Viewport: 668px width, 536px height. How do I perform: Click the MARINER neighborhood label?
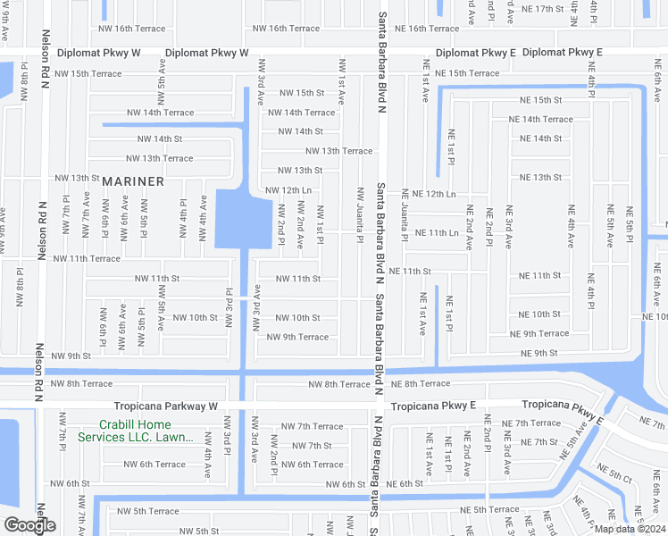[x=132, y=181]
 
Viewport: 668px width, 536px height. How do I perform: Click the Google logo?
[x=29, y=525]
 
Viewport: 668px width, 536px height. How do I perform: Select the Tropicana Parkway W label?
[x=160, y=406]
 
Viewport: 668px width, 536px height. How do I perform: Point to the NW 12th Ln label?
[x=288, y=190]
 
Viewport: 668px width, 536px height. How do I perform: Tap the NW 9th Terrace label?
[x=297, y=337]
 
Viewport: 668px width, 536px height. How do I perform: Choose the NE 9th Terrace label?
[x=539, y=334]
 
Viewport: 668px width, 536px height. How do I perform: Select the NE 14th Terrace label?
[x=540, y=119]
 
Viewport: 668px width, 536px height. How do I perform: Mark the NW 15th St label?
[x=302, y=93]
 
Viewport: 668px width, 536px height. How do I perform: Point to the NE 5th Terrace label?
[x=490, y=510]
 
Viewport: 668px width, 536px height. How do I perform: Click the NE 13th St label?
[x=540, y=178]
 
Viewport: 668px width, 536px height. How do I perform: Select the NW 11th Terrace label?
[x=87, y=258]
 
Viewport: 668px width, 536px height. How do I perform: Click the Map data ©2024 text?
[x=629, y=529]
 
